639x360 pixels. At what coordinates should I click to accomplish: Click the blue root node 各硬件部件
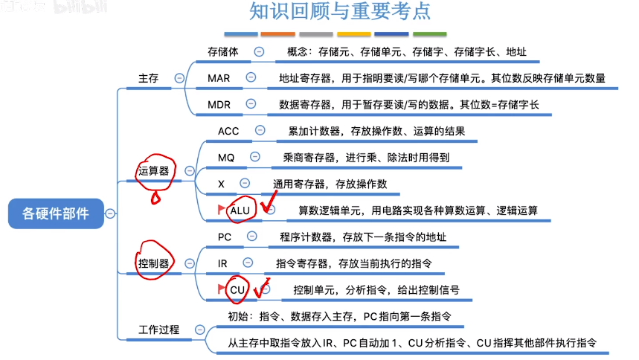point(56,213)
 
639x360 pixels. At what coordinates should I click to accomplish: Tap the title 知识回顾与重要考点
point(340,11)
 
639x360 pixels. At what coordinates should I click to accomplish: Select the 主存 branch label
point(148,78)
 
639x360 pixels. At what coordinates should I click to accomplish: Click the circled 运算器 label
point(154,171)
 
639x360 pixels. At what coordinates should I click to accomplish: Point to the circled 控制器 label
point(154,263)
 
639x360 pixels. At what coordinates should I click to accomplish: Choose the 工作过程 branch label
point(159,330)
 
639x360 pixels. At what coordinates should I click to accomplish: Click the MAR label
point(219,78)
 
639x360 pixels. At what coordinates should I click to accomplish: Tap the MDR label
point(219,105)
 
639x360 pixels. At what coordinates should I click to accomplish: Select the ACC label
point(228,131)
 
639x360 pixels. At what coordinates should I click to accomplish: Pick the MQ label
point(226,158)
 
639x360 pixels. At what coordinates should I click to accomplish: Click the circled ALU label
point(240,210)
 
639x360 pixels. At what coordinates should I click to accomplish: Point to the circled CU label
point(237,290)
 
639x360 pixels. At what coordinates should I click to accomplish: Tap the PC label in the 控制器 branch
point(225,237)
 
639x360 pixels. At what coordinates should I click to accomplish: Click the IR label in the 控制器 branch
point(222,264)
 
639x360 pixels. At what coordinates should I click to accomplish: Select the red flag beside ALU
point(221,210)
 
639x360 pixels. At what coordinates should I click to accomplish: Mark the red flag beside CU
point(221,289)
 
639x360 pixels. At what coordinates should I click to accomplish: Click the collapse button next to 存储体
point(259,52)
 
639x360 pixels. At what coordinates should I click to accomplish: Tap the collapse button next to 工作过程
point(199,330)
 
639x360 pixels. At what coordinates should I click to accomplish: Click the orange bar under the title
point(278,33)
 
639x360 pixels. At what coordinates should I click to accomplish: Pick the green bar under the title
point(429,33)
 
